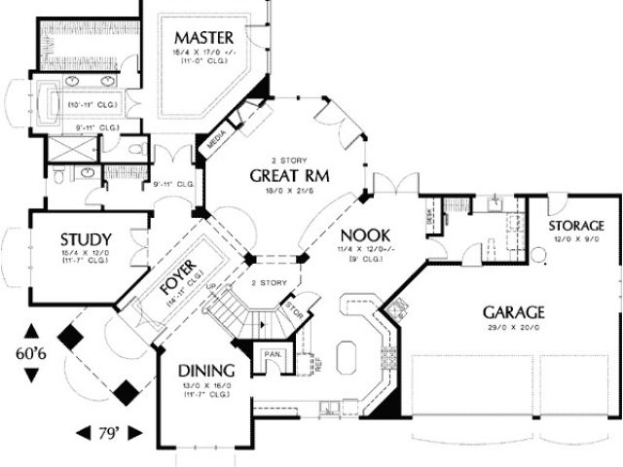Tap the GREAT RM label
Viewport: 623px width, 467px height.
289,176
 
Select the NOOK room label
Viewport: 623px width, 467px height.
365,234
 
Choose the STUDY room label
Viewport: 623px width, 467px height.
86,239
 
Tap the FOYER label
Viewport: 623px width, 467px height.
178,279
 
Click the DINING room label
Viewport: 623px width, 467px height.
205,371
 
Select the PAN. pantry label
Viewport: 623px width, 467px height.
272,354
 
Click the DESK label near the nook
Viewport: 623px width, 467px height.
429,222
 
